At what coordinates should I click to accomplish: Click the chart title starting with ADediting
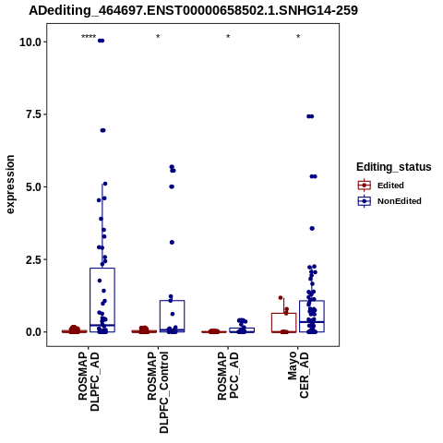193,10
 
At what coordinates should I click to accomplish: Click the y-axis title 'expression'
10,185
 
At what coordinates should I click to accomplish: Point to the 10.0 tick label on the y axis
30,42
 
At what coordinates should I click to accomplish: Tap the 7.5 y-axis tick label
33,114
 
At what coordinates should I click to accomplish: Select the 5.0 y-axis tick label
33,187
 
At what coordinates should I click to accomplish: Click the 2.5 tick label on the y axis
33,259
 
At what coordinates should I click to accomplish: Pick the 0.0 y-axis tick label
33,332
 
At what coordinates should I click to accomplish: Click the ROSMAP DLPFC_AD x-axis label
89,381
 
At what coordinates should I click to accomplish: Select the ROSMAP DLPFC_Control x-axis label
158,392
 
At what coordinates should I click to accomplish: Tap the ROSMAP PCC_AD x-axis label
228,376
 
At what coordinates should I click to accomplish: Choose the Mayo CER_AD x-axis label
298,376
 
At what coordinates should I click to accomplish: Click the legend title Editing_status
394,167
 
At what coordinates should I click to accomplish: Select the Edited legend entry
380,186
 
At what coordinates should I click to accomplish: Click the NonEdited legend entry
389,201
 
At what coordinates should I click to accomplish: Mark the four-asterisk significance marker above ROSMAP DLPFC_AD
89,37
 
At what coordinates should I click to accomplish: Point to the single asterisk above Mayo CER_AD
298,37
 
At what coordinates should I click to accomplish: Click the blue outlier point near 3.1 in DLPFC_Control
172,243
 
